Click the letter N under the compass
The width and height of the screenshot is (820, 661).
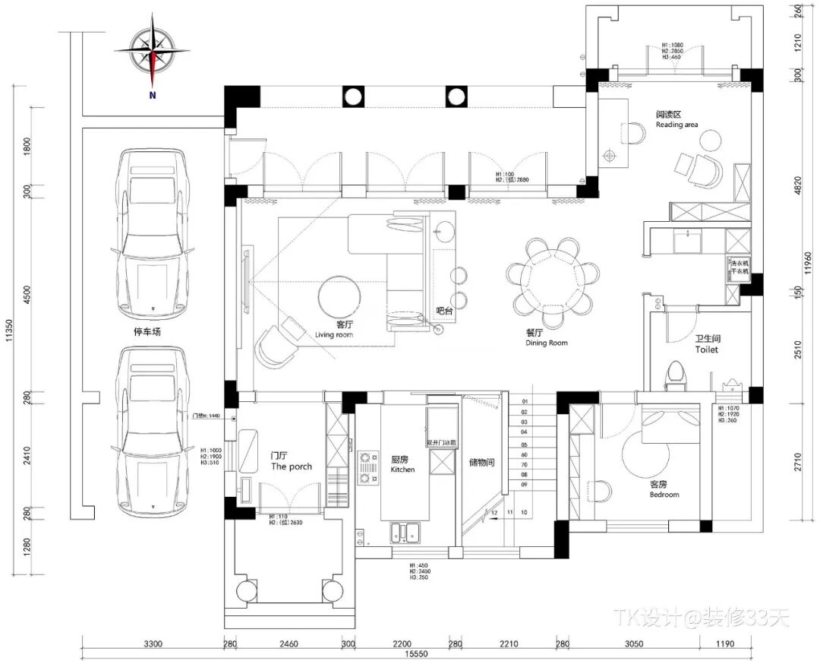pos(153,96)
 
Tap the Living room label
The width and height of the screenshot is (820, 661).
pos(334,335)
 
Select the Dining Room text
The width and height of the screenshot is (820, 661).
pos(546,343)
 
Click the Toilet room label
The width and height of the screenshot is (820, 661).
pos(706,349)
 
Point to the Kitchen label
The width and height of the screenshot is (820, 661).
pos(402,470)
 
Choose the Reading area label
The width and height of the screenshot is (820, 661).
pos(676,125)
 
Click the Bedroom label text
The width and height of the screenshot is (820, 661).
pos(664,495)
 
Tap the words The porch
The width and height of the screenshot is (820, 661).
pos(292,466)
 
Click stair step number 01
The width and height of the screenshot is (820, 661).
pos(524,402)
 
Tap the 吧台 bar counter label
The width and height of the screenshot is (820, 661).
pos(444,311)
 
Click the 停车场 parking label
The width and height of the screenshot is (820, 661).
pos(147,332)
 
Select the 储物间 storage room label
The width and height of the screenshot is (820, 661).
pos(481,462)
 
